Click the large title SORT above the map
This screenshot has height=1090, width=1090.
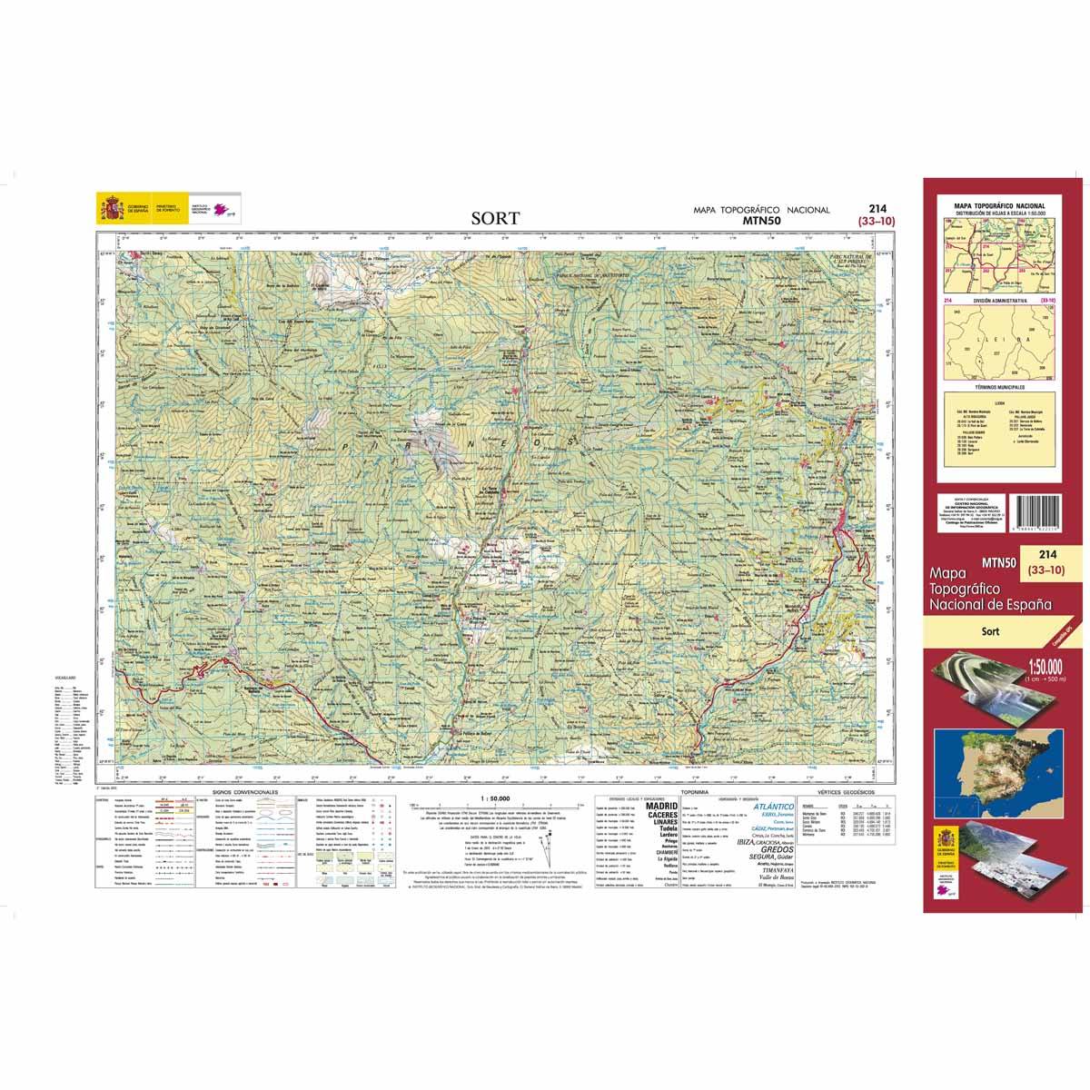[495, 218]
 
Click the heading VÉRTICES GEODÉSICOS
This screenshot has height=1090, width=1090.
[843, 794]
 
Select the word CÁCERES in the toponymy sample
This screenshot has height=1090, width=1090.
[660, 817]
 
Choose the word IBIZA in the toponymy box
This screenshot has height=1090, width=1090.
[740, 842]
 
